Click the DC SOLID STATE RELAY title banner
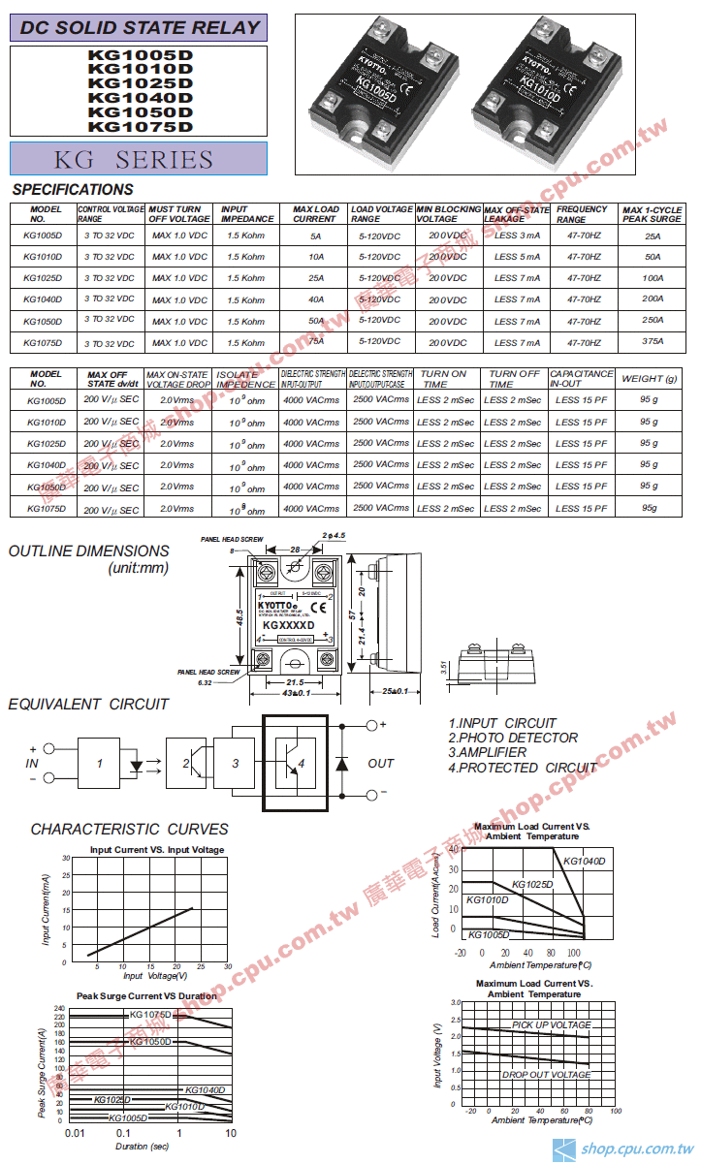click(x=140, y=28)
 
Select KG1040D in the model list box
click(x=140, y=98)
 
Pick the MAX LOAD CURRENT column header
click(x=316, y=214)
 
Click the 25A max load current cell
click(x=316, y=278)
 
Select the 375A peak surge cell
click(x=653, y=341)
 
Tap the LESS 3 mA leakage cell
click(x=517, y=236)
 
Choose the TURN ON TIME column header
click(x=444, y=378)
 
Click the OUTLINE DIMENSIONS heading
click(x=89, y=551)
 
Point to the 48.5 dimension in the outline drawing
click(x=239, y=615)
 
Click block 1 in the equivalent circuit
click(x=100, y=764)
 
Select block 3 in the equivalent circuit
click(x=235, y=764)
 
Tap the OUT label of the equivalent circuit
click(x=381, y=764)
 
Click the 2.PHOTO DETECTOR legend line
click(x=513, y=738)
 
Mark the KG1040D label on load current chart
click(x=584, y=862)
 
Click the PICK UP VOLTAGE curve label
click(x=551, y=1025)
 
